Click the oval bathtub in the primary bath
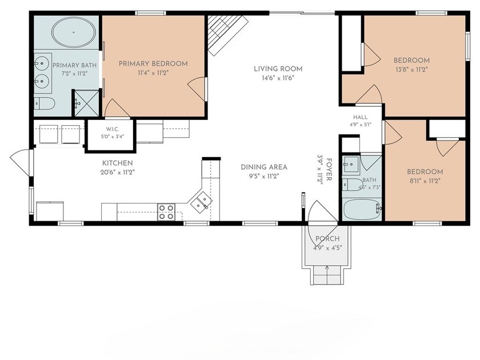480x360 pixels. point(74,32)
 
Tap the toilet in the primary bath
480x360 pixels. point(45,103)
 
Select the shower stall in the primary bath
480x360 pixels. point(87,103)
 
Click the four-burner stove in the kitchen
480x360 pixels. point(166,212)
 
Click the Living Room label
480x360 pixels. point(278,69)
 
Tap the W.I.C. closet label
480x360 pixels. point(113,129)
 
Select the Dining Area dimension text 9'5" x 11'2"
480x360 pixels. point(264,177)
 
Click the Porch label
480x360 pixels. point(327,238)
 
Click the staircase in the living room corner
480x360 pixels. point(228,35)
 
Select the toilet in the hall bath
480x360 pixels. point(352,185)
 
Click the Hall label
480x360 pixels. point(361,117)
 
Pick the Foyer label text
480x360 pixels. point(329,170)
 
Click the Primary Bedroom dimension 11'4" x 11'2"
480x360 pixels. point(153,73)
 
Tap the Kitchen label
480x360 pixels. point(118,163)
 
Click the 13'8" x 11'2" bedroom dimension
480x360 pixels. point(411,70)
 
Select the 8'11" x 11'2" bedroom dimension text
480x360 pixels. point(425,181)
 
